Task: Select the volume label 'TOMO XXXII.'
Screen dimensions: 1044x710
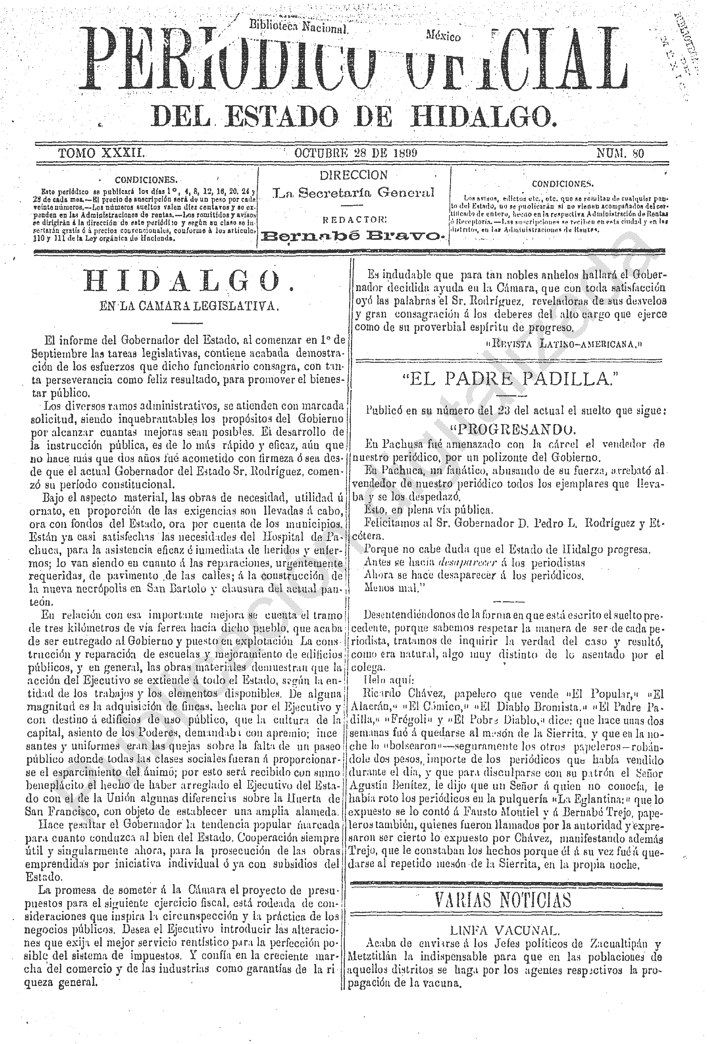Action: click(101, 153)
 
